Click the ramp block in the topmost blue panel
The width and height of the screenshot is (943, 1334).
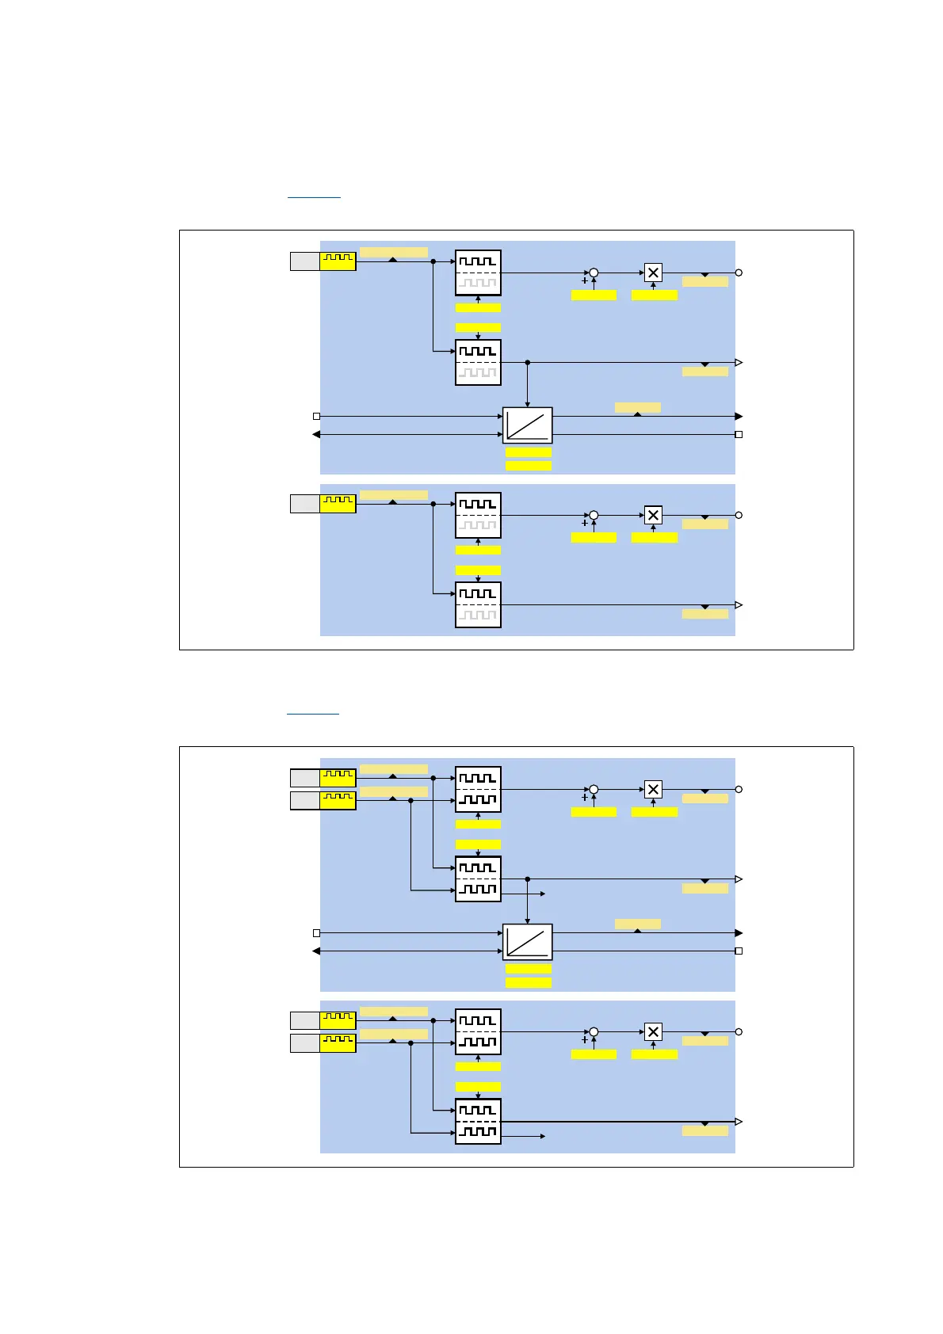[x=527, y=425]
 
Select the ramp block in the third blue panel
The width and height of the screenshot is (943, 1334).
[x=527, y=942]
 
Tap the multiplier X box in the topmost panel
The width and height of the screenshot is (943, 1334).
[x=653, y=273]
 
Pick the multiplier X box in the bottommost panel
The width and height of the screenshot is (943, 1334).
[x=653, y=1032]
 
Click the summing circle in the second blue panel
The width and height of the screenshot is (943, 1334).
[x=594, y=516]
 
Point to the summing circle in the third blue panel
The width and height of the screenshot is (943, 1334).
[x=594, y=790]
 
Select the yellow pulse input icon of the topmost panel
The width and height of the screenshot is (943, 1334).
[x=338, y=261]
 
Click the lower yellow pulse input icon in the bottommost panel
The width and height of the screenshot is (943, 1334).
[x=338, y=1043]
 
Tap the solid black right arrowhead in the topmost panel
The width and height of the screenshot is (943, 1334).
[x=739, y=416]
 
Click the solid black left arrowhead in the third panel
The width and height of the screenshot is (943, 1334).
[x=317, y=951]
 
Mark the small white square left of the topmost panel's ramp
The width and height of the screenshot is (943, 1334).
[x=317, y=416]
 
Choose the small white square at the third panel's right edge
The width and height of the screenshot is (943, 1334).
[x=739, y=951]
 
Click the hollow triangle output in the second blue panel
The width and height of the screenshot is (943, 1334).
[x=739, y=605]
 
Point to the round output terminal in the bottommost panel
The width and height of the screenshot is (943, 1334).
[x=739, y=1032]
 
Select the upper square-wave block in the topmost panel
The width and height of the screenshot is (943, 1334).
[x=478, y=273]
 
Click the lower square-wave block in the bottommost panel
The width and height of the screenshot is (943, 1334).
[x=478, y=1122]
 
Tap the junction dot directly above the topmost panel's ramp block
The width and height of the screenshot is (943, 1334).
[x=528, y=363]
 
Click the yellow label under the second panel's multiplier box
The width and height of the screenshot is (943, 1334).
[x=655, y=538]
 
